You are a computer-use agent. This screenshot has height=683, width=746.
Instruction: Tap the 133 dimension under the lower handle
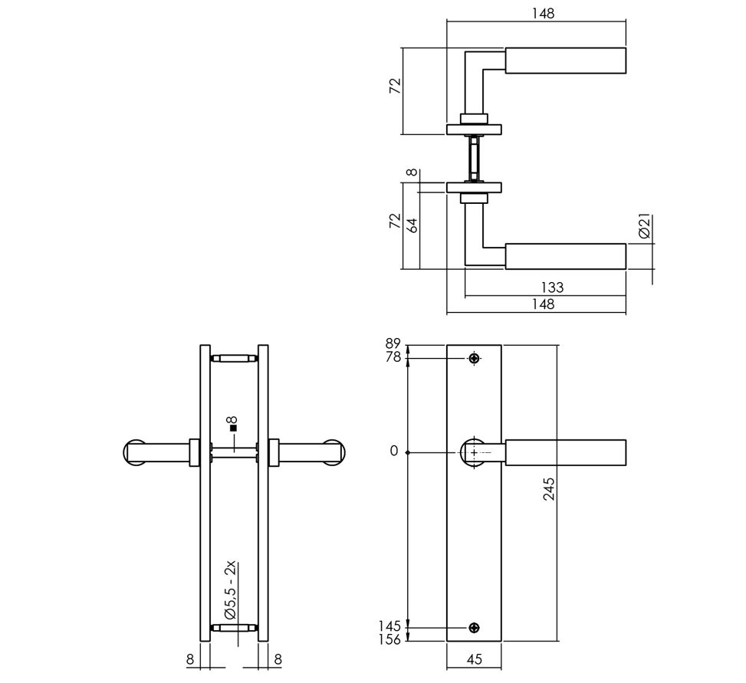coord(551,287)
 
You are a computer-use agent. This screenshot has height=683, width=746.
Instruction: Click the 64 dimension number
coord(412,225)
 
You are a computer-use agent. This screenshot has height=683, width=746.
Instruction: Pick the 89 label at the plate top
coord(393,345)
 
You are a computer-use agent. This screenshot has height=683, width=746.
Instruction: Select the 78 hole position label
coord(393,358)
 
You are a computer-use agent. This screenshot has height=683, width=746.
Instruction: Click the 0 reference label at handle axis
coord(394,452)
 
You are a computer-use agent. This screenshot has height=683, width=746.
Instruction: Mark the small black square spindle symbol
coord(234,429)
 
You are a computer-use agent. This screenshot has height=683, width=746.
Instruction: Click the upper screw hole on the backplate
coord(474,358)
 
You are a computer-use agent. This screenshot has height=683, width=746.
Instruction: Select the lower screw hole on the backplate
coord(474,628)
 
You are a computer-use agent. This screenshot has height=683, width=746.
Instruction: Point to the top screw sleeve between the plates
coord(234,358)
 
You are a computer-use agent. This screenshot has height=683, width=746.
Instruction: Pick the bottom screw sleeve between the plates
coord(234,628)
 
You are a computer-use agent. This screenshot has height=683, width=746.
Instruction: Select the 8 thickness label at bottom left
coord(189,658)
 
